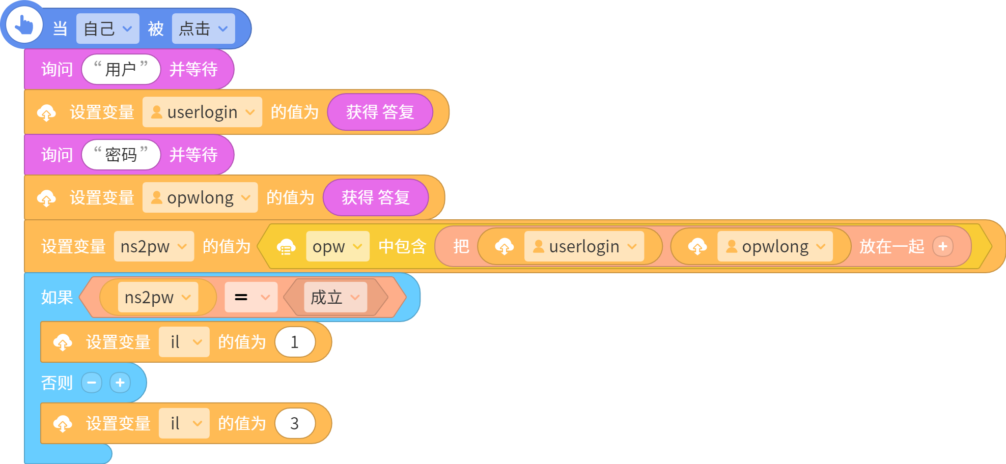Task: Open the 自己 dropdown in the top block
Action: click(x=107, y=28)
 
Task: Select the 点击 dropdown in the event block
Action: click(x=203, y=28)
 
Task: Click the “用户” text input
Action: click(x=121, y=69)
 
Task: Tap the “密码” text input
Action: click(x=121, y=155)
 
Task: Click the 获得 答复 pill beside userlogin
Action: click(x=380, y=112)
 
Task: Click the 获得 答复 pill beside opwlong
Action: click(x=376, y=197)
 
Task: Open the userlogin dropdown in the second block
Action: click(x=202, y=112)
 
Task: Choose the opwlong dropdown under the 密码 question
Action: click(x=200, y=197)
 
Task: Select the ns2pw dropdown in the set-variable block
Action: click(x=154, y=246)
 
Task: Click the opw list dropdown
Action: click(x=338, y=246)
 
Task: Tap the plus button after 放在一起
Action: click(x=943, y=246)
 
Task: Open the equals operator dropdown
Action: click(x=251, y=297)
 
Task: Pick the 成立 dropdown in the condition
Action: click(x=336, y=297)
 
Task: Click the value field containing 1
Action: click(x=295, y=342)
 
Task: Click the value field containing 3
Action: click(x=295, y=423)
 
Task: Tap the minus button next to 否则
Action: click(x=92, y=383)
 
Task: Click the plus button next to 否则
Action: click(x=120, y=383)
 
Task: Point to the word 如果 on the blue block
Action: click(x=57, y=297)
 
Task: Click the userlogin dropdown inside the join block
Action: click(x=584, y=246)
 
